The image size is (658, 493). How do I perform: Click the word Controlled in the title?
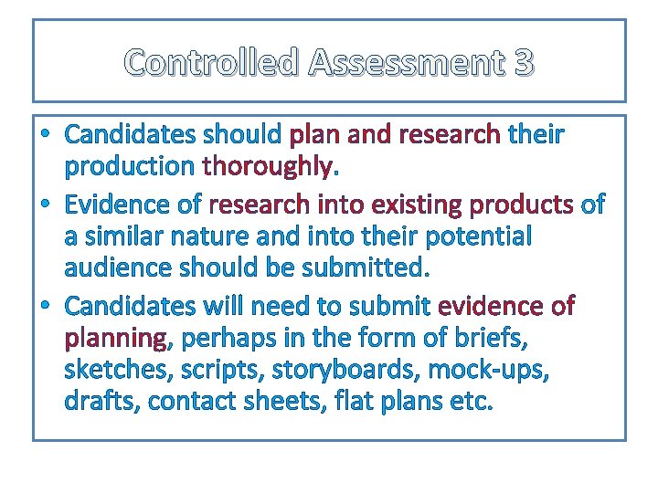[212, 63]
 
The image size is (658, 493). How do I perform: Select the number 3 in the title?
[524, 63]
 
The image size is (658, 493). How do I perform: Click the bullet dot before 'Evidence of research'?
[47, 204]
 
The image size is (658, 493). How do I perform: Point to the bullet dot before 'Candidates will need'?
[47, 305]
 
